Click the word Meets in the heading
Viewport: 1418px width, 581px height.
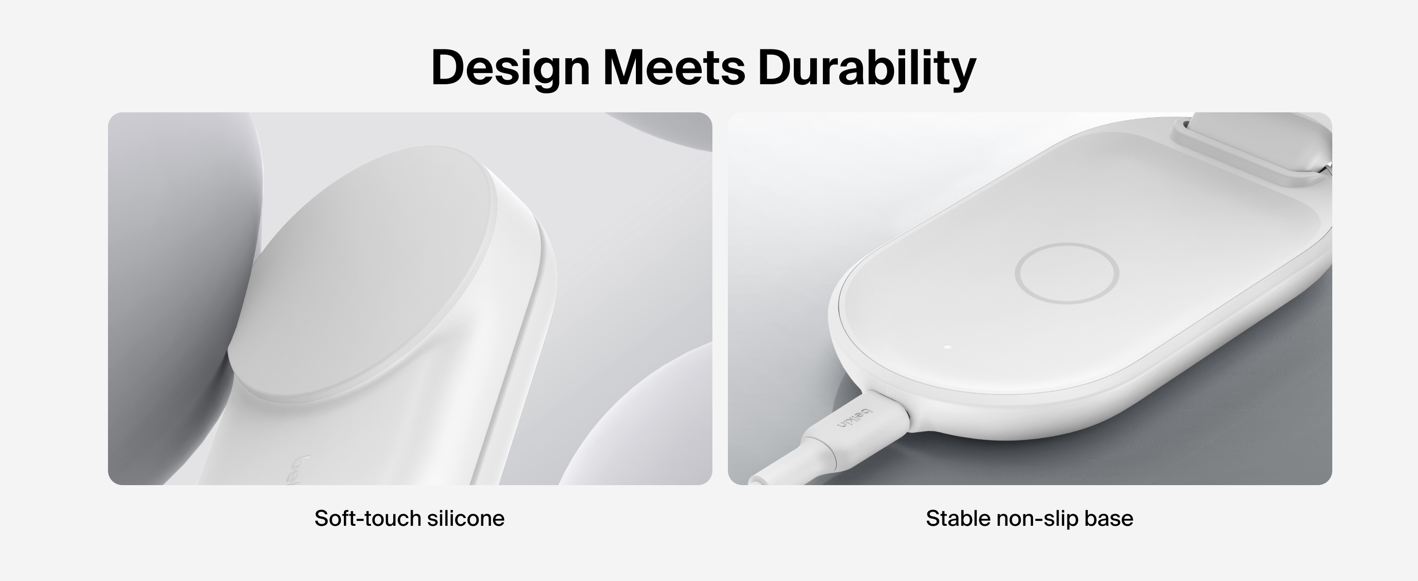674,68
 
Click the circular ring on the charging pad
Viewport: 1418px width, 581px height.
1067,244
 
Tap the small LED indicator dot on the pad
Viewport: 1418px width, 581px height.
947,347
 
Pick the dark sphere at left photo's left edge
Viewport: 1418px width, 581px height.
182,297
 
